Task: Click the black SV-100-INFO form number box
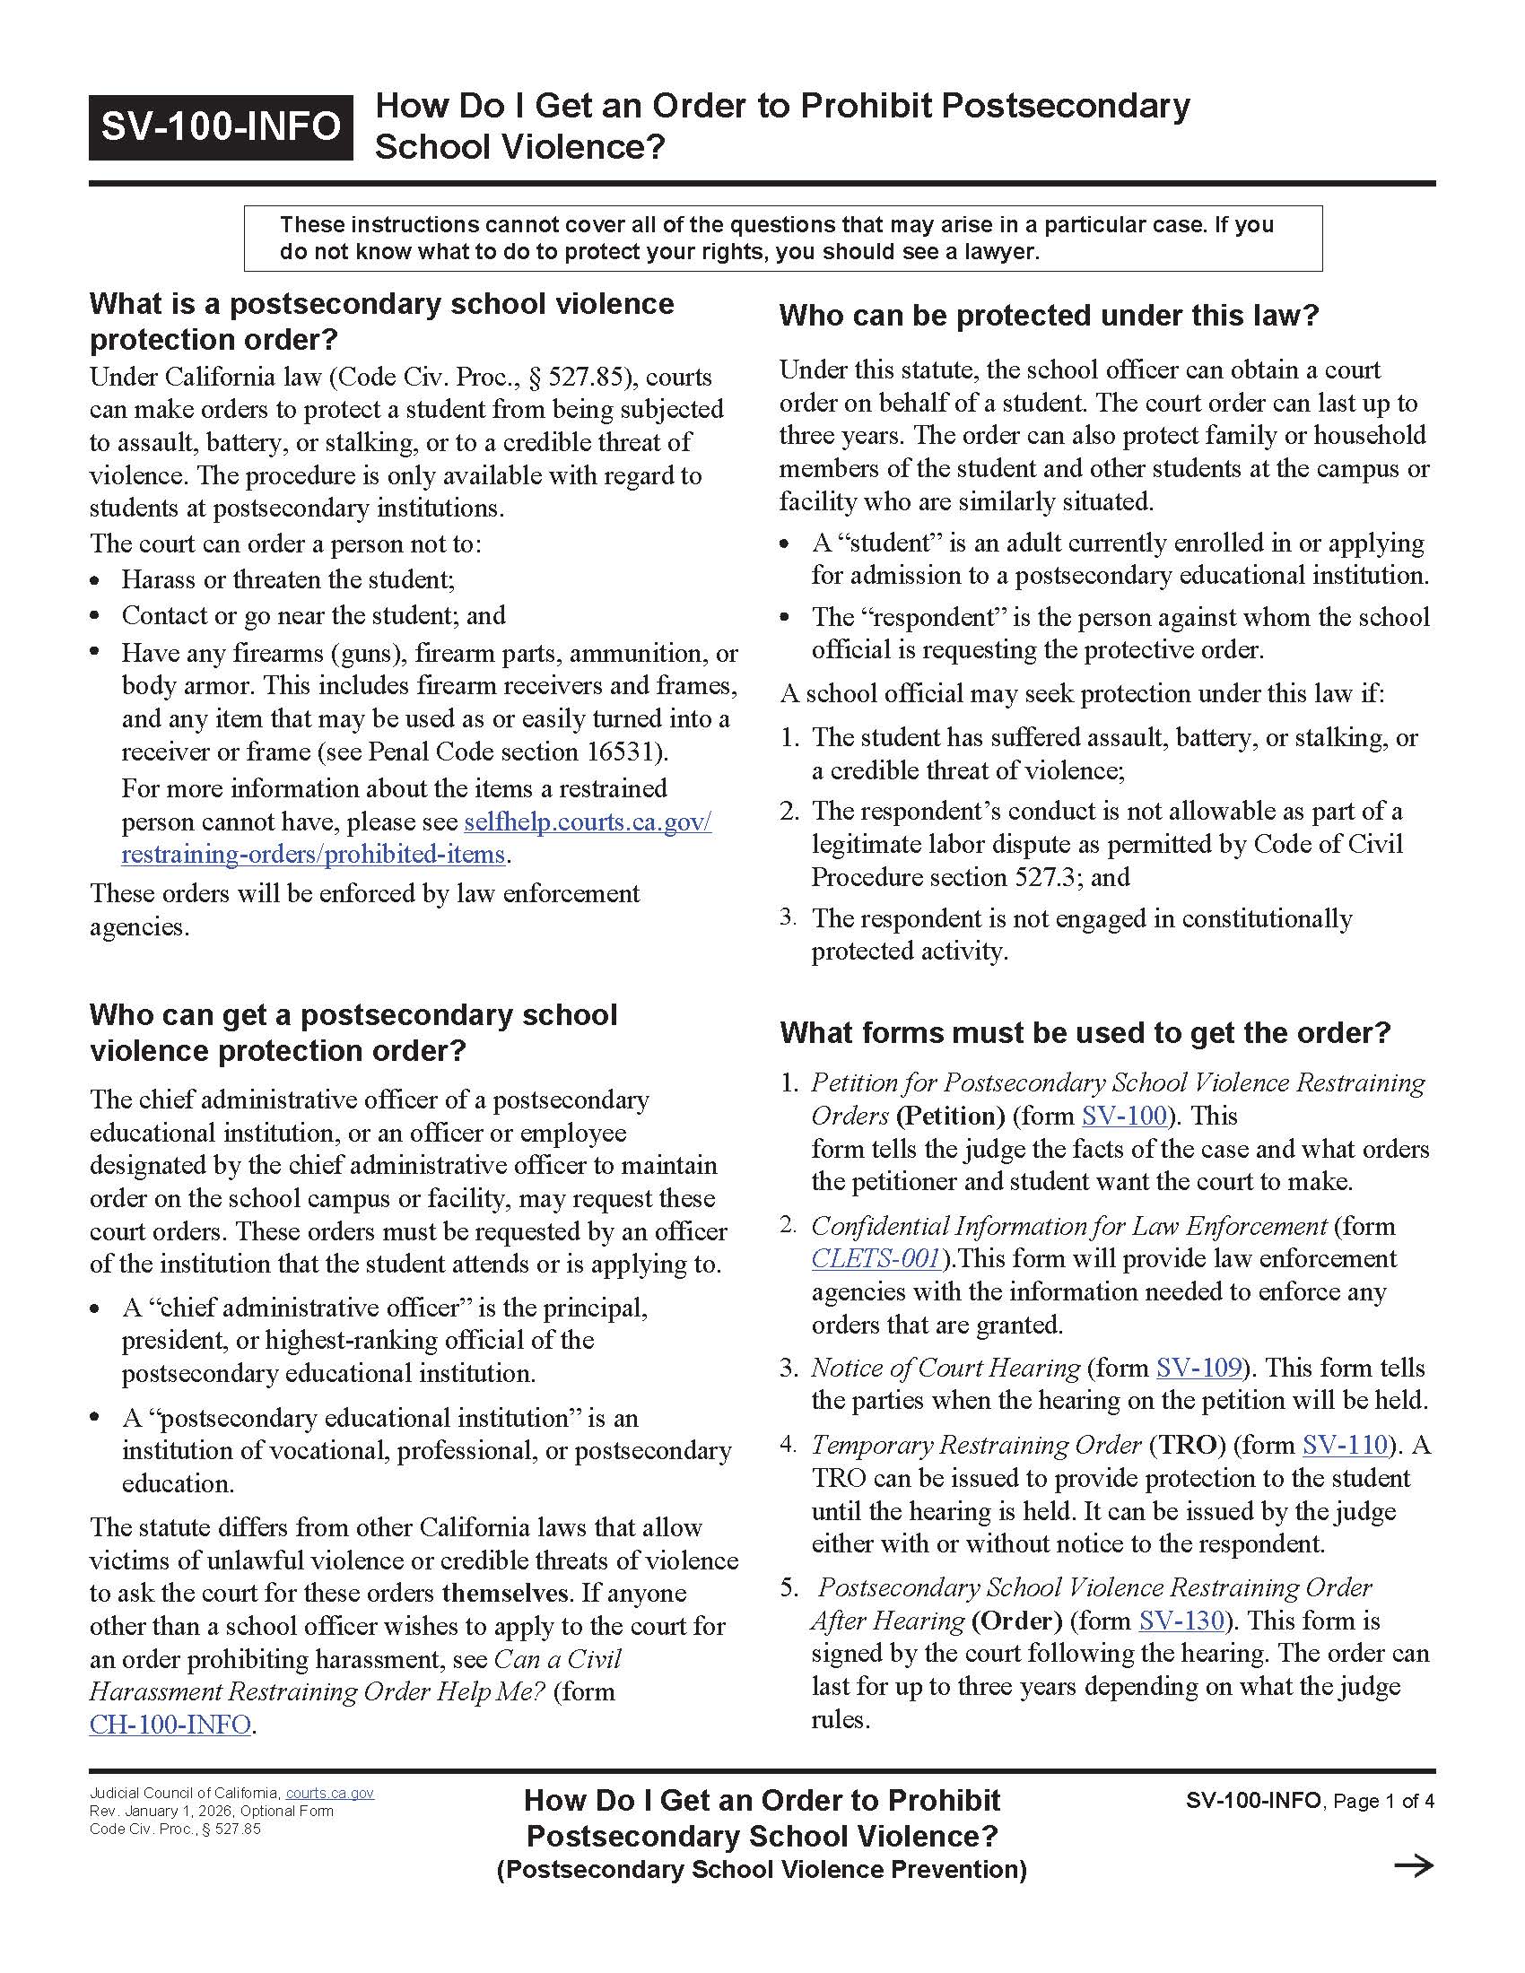click(221, 126)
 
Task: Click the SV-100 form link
click(1124, 1117)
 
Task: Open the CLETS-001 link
click(876, 1258)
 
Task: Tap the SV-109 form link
click(1198, 1368)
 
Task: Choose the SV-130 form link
click(1181, 1621)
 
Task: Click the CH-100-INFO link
click(170, 1725)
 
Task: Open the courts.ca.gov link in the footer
click(330, 1794)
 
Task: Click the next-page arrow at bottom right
click(1414, 1865)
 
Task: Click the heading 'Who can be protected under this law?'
click(1049, 316)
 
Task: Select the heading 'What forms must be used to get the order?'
click(1085, 1032)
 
